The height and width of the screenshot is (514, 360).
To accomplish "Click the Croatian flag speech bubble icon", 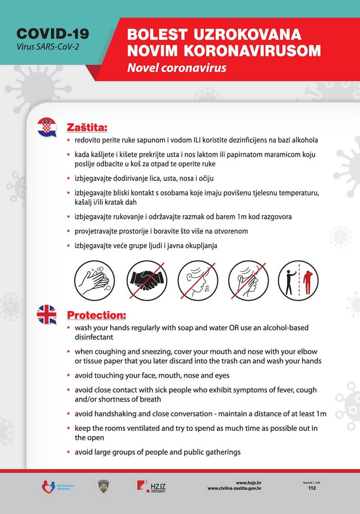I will [x=46, y=127].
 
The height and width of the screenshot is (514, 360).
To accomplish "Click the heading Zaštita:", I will [x=87, y=128].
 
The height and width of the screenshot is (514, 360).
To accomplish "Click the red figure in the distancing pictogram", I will [x=308, y=282].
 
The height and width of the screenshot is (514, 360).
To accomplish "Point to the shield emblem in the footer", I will [x=102, y=486].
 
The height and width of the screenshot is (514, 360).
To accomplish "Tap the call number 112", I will [x=312, y=488].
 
